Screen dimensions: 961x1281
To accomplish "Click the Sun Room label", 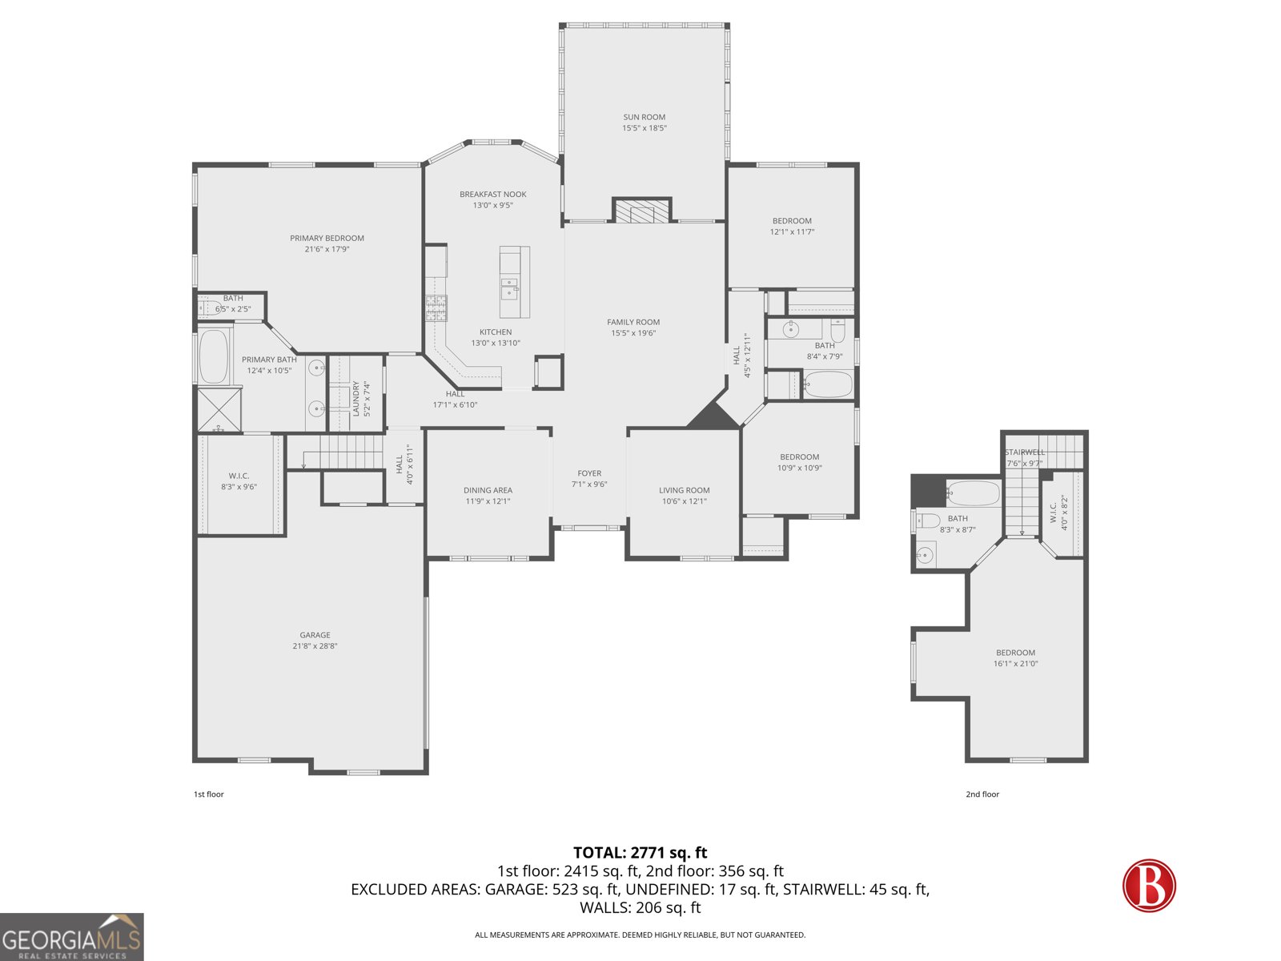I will point(644,117).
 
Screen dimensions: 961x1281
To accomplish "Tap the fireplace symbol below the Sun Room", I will point(640,212).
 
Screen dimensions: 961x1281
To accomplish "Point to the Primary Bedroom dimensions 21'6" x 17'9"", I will point(327,249).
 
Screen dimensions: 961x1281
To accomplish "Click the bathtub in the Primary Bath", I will point(214,356).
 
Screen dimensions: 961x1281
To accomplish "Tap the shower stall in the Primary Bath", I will point(219,409).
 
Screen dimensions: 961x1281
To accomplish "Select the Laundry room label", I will point(356,398).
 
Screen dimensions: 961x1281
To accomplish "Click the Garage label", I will point(315,635).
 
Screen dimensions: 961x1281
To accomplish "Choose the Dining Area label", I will point(488,490).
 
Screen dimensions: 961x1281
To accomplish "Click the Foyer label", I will point(589,473).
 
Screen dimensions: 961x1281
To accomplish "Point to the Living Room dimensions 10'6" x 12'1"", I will point(684,501).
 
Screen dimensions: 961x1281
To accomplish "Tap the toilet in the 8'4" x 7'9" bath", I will point(837,330).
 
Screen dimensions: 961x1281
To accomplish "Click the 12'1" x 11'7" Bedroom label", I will point(792,221).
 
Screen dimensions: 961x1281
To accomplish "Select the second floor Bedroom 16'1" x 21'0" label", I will point(1015,653).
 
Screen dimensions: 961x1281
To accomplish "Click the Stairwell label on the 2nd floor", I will point(1025,452).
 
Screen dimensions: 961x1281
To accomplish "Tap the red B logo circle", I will point(1149,885).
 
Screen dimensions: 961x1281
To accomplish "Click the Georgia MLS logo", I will point(72,937).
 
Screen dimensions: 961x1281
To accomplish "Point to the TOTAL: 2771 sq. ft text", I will point(640,853).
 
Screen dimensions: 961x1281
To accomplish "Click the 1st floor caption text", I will point(208,794).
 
